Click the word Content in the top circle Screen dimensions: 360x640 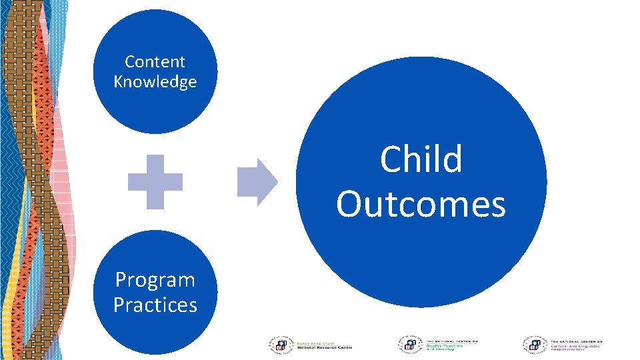155,62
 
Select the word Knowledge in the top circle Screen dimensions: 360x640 155,82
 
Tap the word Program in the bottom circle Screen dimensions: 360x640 155,280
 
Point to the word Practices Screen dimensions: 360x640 155,305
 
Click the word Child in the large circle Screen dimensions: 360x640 421,160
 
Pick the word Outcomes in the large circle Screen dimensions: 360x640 421,204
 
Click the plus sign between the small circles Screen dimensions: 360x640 155,182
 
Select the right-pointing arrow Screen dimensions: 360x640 257,182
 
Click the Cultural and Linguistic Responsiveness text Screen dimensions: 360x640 574,347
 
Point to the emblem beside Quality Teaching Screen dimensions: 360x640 409,344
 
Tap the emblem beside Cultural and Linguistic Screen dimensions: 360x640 533,344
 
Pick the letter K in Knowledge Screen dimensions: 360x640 119,82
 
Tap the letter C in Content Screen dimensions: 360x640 129,62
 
